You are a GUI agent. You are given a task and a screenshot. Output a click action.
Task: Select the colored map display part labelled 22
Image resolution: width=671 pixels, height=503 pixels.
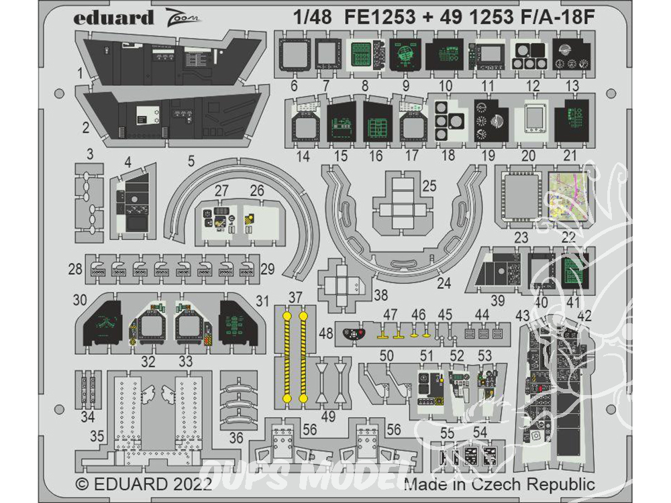[572, 194]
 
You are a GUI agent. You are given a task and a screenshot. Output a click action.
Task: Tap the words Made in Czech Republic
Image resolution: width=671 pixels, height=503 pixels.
[500, 484]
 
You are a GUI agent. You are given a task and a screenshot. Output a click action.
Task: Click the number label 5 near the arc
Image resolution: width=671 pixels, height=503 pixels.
[191, 160]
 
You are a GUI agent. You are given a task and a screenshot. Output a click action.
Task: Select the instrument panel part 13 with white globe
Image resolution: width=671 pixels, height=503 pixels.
[573, 54]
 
